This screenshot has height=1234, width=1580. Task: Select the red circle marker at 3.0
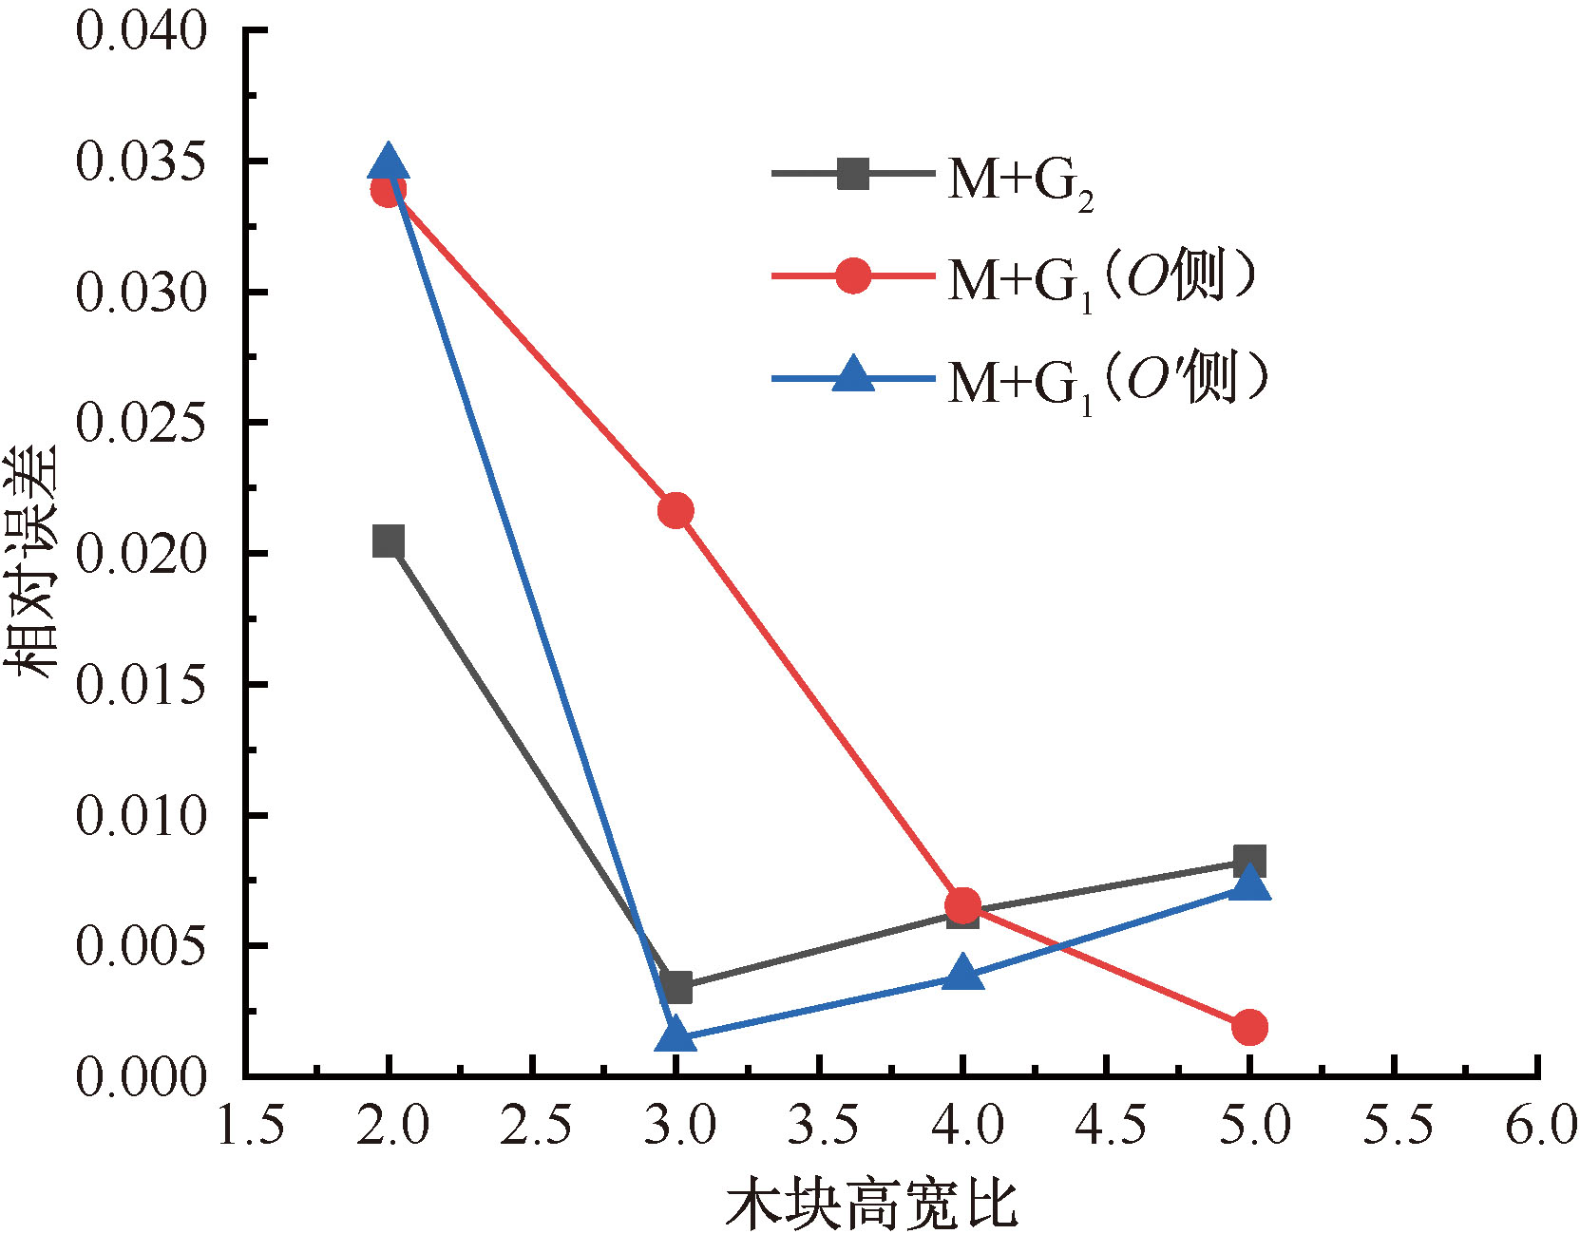point(676,511)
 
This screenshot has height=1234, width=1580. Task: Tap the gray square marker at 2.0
point(388,541)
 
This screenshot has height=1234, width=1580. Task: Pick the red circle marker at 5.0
point(1249,1027)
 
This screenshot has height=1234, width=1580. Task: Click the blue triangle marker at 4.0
point(962,974)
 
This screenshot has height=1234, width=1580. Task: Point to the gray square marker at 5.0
point(1249,861)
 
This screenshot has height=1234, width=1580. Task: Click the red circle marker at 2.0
point(388,190)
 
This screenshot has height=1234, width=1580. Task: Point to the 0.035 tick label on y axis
point(141,161)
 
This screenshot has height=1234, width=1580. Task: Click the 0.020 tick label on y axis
point(141,554)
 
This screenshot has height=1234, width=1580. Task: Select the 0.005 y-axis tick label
point(141,946)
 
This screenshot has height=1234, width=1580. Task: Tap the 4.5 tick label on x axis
point(1110,1127)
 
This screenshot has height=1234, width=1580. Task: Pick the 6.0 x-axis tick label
point(1540,1127)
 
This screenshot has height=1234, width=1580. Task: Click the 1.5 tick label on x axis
point(251,1127)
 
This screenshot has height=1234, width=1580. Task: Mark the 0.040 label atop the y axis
point(141,31)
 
